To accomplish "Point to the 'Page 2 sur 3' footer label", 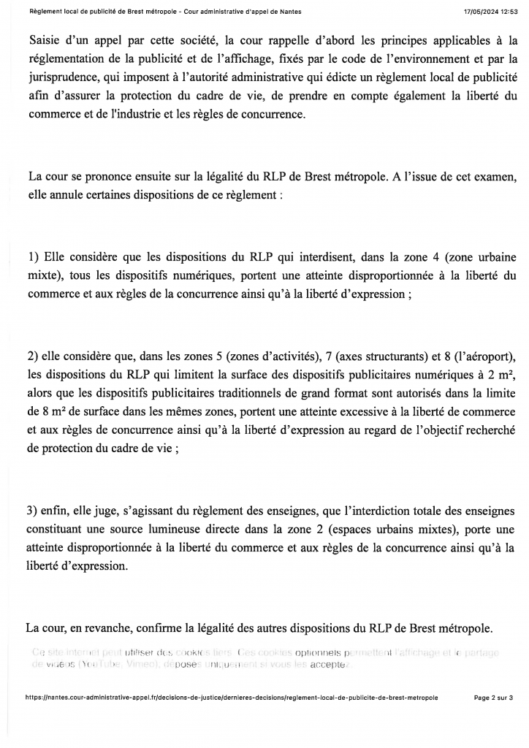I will point(493,698).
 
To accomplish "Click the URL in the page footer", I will point(232,698).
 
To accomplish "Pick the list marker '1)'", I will point(33,257).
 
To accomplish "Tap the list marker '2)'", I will point(33,356).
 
